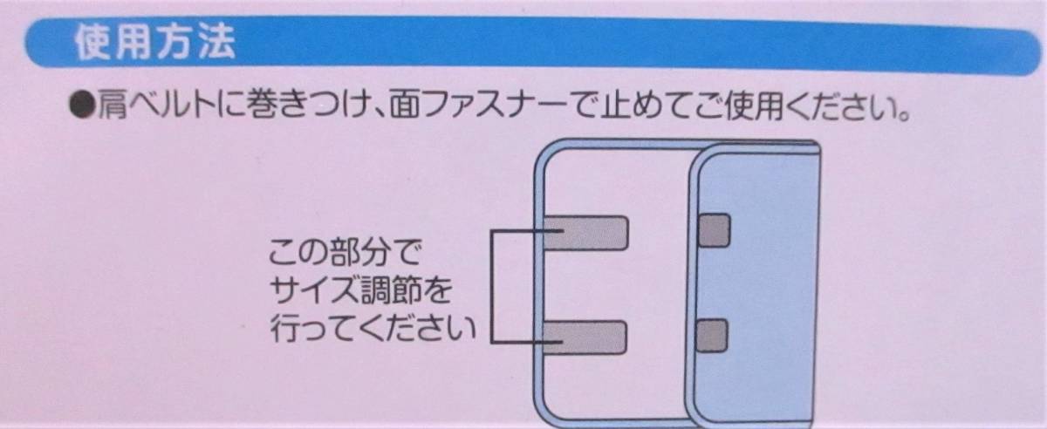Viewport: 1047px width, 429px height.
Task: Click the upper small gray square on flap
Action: [x=714, y=230]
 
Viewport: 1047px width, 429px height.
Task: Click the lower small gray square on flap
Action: [x=714, y=334]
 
